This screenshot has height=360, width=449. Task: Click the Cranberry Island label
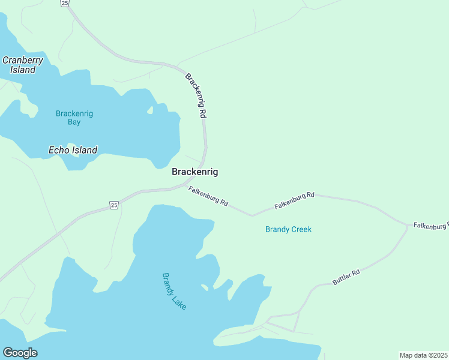point(19,65)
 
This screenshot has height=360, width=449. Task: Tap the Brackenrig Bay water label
point(74,118)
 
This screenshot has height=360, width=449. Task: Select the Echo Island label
point(73,150)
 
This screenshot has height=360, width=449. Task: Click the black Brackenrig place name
point(194,172)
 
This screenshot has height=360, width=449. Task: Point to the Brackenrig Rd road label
point(196,95)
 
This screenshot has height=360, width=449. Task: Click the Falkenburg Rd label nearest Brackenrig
point(208,197)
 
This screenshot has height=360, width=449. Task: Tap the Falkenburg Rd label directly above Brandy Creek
point(295,200)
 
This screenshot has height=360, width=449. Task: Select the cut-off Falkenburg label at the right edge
point(430,226)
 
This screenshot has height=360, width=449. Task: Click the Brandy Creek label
point(288,229)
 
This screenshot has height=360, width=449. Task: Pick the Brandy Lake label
point(175,291)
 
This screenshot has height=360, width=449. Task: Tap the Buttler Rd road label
point(346,277)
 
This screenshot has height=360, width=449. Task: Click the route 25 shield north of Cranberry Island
point(65,4)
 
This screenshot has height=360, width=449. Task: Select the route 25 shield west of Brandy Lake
point(114,205)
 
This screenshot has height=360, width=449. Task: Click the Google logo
point(20,353)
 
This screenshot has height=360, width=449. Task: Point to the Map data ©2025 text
point(423,355)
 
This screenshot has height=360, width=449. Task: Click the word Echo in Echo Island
point(59,150)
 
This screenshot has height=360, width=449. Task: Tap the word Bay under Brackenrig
point(74,122)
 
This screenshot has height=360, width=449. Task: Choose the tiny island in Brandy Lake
point(205,287)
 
